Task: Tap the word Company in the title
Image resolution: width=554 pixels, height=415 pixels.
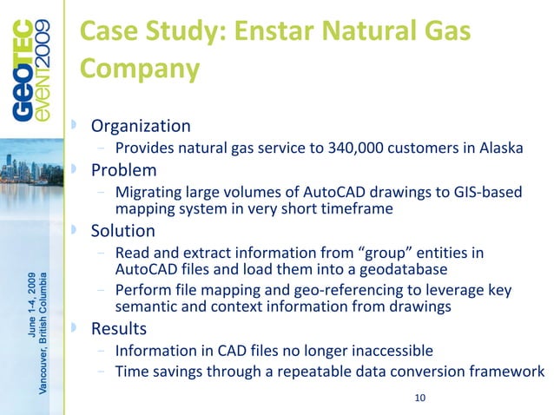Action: (139, 69)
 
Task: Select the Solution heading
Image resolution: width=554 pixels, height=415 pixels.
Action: (123, 231)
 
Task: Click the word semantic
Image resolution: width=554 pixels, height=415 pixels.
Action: (144, 307)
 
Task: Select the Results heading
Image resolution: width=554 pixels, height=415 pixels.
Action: (120, 329)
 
